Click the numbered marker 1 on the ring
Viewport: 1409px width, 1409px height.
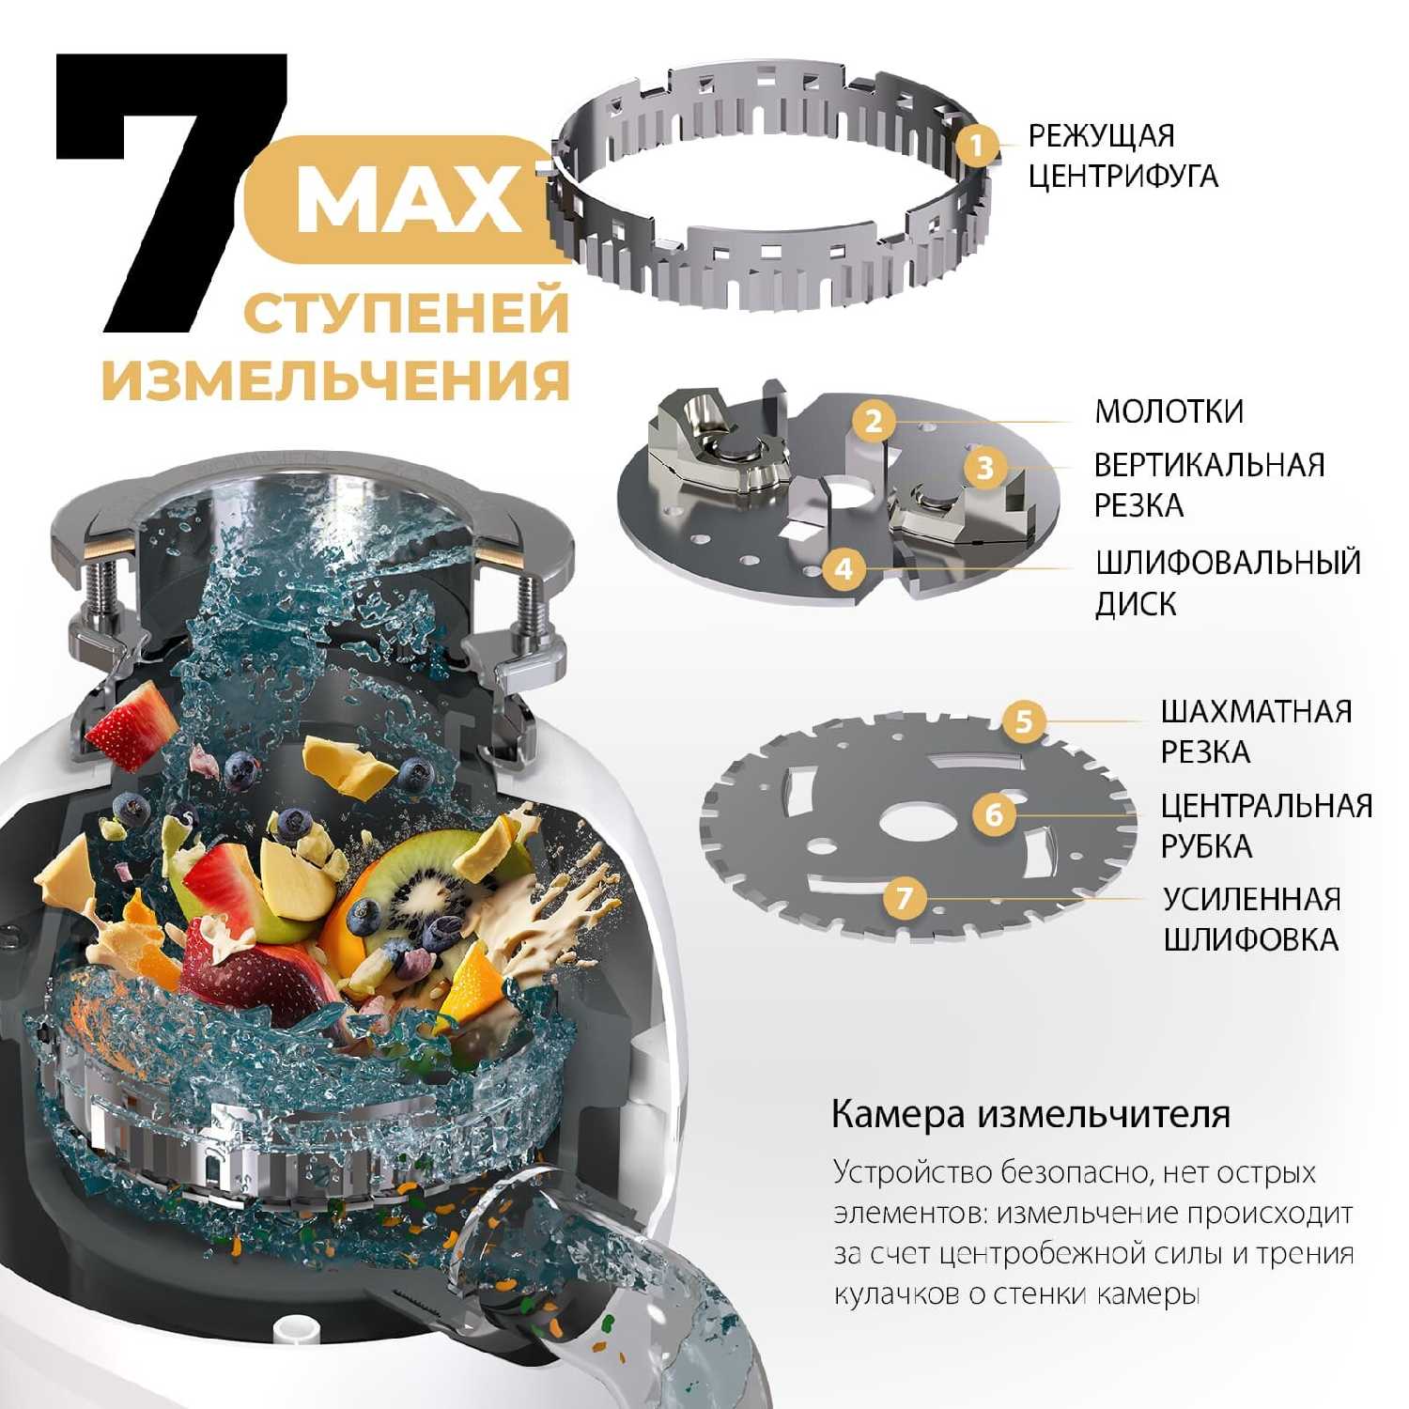pos(977,146)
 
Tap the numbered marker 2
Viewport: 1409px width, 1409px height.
pos(874,420)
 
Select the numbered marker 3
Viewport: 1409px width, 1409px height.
pos(984,467)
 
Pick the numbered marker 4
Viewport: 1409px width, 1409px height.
pos(844,568)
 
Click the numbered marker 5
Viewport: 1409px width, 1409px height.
pos(1024,721)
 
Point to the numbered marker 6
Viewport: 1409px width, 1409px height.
pos(994,813)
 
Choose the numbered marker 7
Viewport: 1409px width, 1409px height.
pos(904,898)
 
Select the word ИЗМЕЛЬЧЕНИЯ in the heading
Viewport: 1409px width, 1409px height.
pos(336,380)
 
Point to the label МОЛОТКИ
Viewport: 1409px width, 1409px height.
pos(1169,411)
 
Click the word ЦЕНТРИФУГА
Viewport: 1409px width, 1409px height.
pos(1123,176)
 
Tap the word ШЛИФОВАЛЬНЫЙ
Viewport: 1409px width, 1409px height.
pos(1228,563)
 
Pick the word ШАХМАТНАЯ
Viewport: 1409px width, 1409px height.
pos(1256,711)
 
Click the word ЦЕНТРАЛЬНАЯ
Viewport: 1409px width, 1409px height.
pos(1266,806)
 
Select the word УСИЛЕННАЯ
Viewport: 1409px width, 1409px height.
pos(1251,899)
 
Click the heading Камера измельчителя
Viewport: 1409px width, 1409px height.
pos(1030,1115)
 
